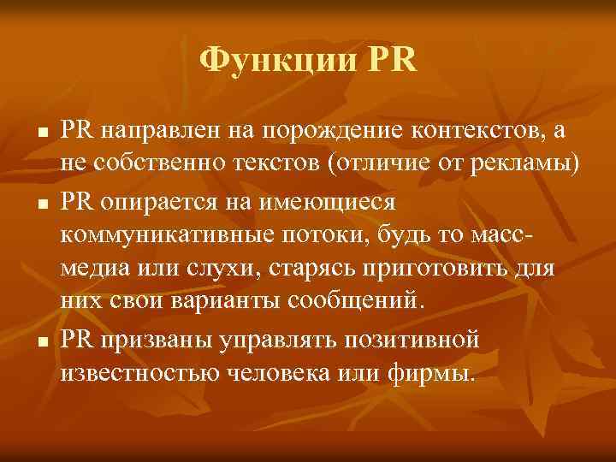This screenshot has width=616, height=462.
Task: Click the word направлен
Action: pyautogui.click(x=175, y=131)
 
